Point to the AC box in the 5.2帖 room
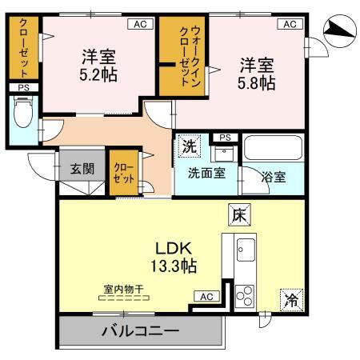click(x=140, y=24)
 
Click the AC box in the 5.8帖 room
click(x=289, y=24)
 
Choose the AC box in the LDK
click(x=206, y=297)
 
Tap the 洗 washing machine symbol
click(x=190, y=146)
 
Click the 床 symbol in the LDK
click(x=240, y=214)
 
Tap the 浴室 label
click(x=274, y=177)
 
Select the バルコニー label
click(x=139, y=330)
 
